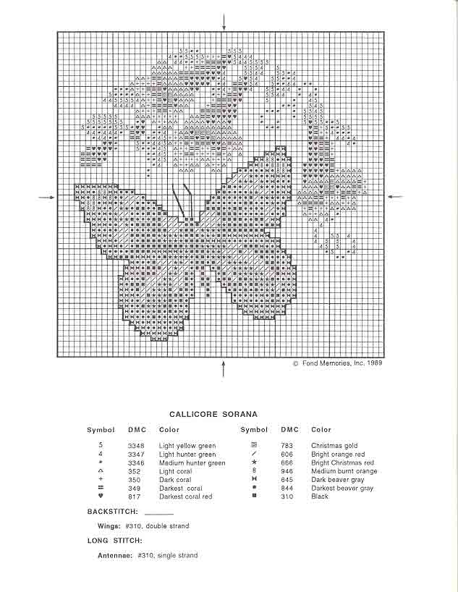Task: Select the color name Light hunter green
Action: click(187, 454)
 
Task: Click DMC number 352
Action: click(134, 471)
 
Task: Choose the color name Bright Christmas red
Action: click(342, 463)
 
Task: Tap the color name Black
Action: click(320, 496)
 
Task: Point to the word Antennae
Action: click(114, 555)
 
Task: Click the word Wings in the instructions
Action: click(109, 526)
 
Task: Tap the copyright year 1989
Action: click(374, 363)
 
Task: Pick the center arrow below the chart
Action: click(224, 368)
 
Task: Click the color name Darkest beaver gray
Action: click(342, 489)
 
